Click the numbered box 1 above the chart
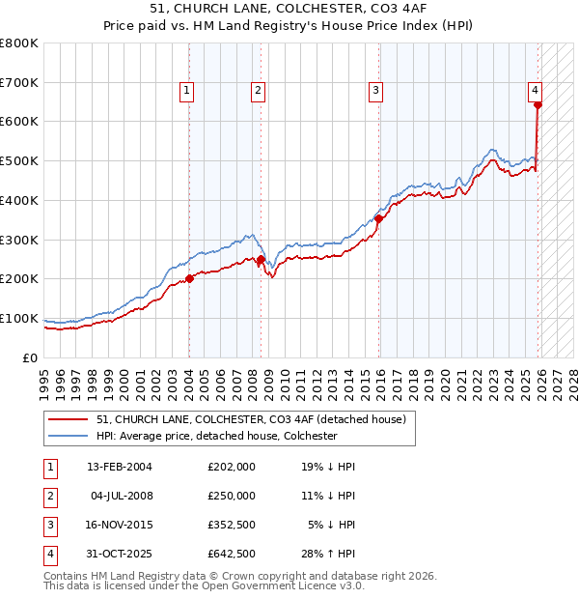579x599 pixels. pyautogui.click(x=186, y=91)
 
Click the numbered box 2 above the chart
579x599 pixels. pyautogui.click(x=259, y=91)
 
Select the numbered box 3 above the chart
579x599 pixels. pyautogui.click(x=375, y=91)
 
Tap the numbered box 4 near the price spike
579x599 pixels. pyautogui.click(x=535, y=91)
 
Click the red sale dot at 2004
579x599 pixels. pyautogui.click(x=189, y=278)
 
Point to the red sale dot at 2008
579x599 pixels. pyautogui.click(x=261, y=259)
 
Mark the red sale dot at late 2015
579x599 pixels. pyautogui.click(x=379, y=218)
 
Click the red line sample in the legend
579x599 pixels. pyautogui.click(x=69, y=419)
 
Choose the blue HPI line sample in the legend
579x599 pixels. pyautogui.click(x=69, y=436)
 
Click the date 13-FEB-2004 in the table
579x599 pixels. pyautogui.click(x=120, y=467)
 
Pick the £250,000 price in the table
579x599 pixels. pyautogui.click(x=231, y=496)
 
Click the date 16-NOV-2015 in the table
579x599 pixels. pyautogui.click(x=120, y=525)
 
